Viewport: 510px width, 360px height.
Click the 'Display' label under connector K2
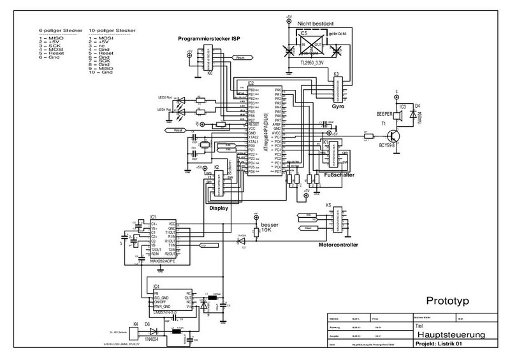point(219,207)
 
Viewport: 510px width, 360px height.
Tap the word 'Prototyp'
point(448,300)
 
